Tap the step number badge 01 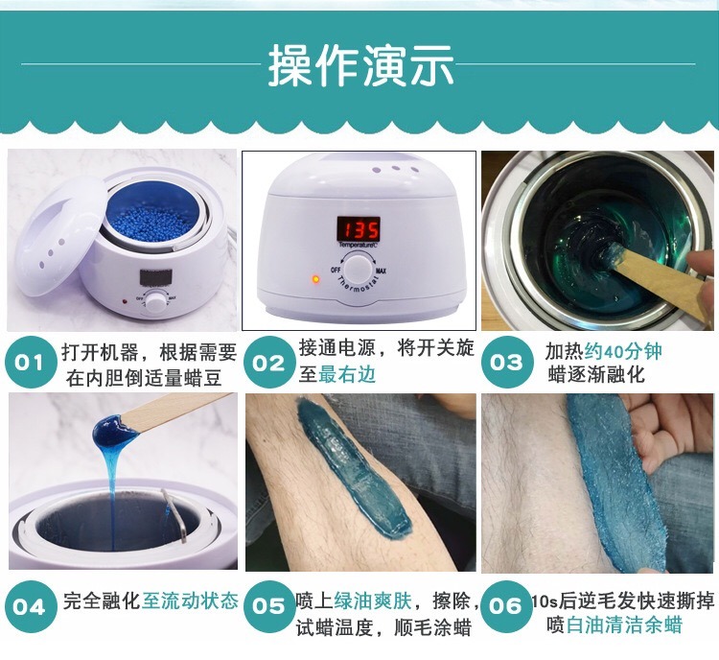click(30, 363)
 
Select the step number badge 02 click(269, 363)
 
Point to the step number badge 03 click(505, 363)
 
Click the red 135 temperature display click(358, 229)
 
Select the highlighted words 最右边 click(347, 375)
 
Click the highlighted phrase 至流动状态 click(190, 601)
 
